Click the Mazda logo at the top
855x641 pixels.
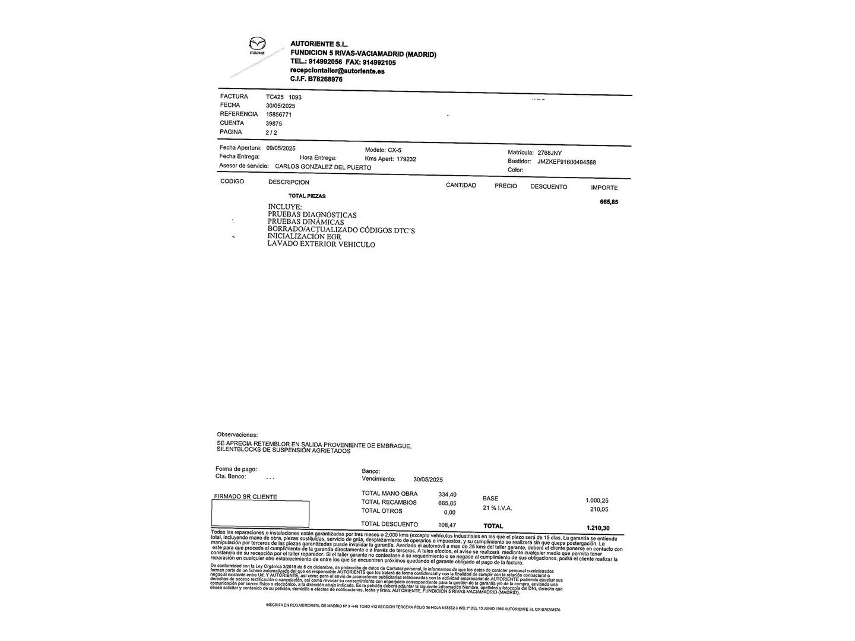point(257,46)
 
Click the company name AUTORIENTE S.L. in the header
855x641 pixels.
point(319,45)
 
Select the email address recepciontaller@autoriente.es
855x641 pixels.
point(337,71)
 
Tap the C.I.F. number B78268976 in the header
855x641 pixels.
point(325,79)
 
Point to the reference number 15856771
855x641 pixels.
point(278,115)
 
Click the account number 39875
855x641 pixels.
point(274,123)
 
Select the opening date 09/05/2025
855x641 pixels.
point(281,148)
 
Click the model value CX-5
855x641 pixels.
point(394,150)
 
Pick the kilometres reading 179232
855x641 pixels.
point(407,159)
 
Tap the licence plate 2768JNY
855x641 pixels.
point(549,153)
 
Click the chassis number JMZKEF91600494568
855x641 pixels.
point(566,162)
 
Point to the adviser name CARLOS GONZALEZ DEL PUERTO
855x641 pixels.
point(323,167)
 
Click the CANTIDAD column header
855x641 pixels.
point(461,185)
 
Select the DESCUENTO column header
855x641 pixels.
point(549,186)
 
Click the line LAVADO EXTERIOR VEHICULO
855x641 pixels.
point(321,244)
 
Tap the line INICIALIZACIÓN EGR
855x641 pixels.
point(304,236)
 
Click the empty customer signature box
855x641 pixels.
point(261,514)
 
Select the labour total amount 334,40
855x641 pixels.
point(447,494)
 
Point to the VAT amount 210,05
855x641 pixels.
point(599,509)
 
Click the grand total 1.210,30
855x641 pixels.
point(598,528)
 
